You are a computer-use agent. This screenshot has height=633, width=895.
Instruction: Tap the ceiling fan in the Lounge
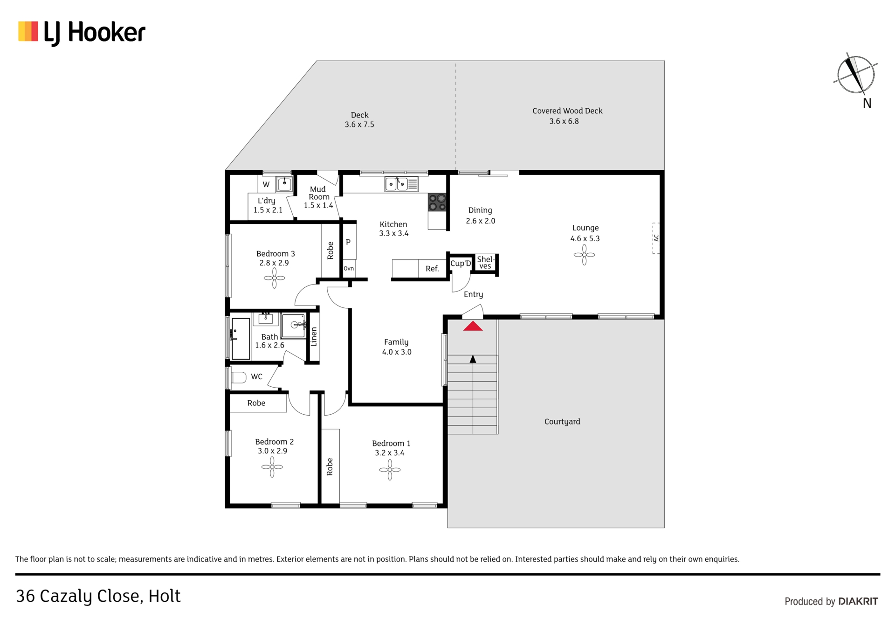[584, 255]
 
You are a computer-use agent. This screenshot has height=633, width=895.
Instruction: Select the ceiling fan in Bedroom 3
[274, 278]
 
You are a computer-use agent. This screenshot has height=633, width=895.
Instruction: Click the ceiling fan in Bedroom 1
[390, 470]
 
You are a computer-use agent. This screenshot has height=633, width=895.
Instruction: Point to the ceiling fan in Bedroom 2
[272, 466]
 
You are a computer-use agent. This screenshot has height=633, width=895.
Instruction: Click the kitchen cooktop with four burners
[437, 202]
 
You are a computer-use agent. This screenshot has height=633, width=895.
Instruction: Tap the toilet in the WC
[239, 377]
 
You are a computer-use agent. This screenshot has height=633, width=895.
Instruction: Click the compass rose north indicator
[856, 75]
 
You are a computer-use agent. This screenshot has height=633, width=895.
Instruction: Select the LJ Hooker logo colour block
[28, 31]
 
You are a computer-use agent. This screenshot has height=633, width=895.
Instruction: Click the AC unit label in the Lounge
[656, 238]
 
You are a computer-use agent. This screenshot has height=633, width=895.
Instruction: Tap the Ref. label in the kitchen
[432, 269]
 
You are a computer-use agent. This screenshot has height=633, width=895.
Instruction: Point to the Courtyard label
[562, 422]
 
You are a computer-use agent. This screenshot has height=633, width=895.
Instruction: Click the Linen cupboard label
[314, 336]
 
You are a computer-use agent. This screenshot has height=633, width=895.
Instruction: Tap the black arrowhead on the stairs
[473, 359]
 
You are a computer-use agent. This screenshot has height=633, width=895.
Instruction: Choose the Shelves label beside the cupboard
[485, 263]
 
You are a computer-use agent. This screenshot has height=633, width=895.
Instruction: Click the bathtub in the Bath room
[241, 339]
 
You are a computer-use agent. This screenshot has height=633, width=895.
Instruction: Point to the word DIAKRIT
[858, 602]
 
